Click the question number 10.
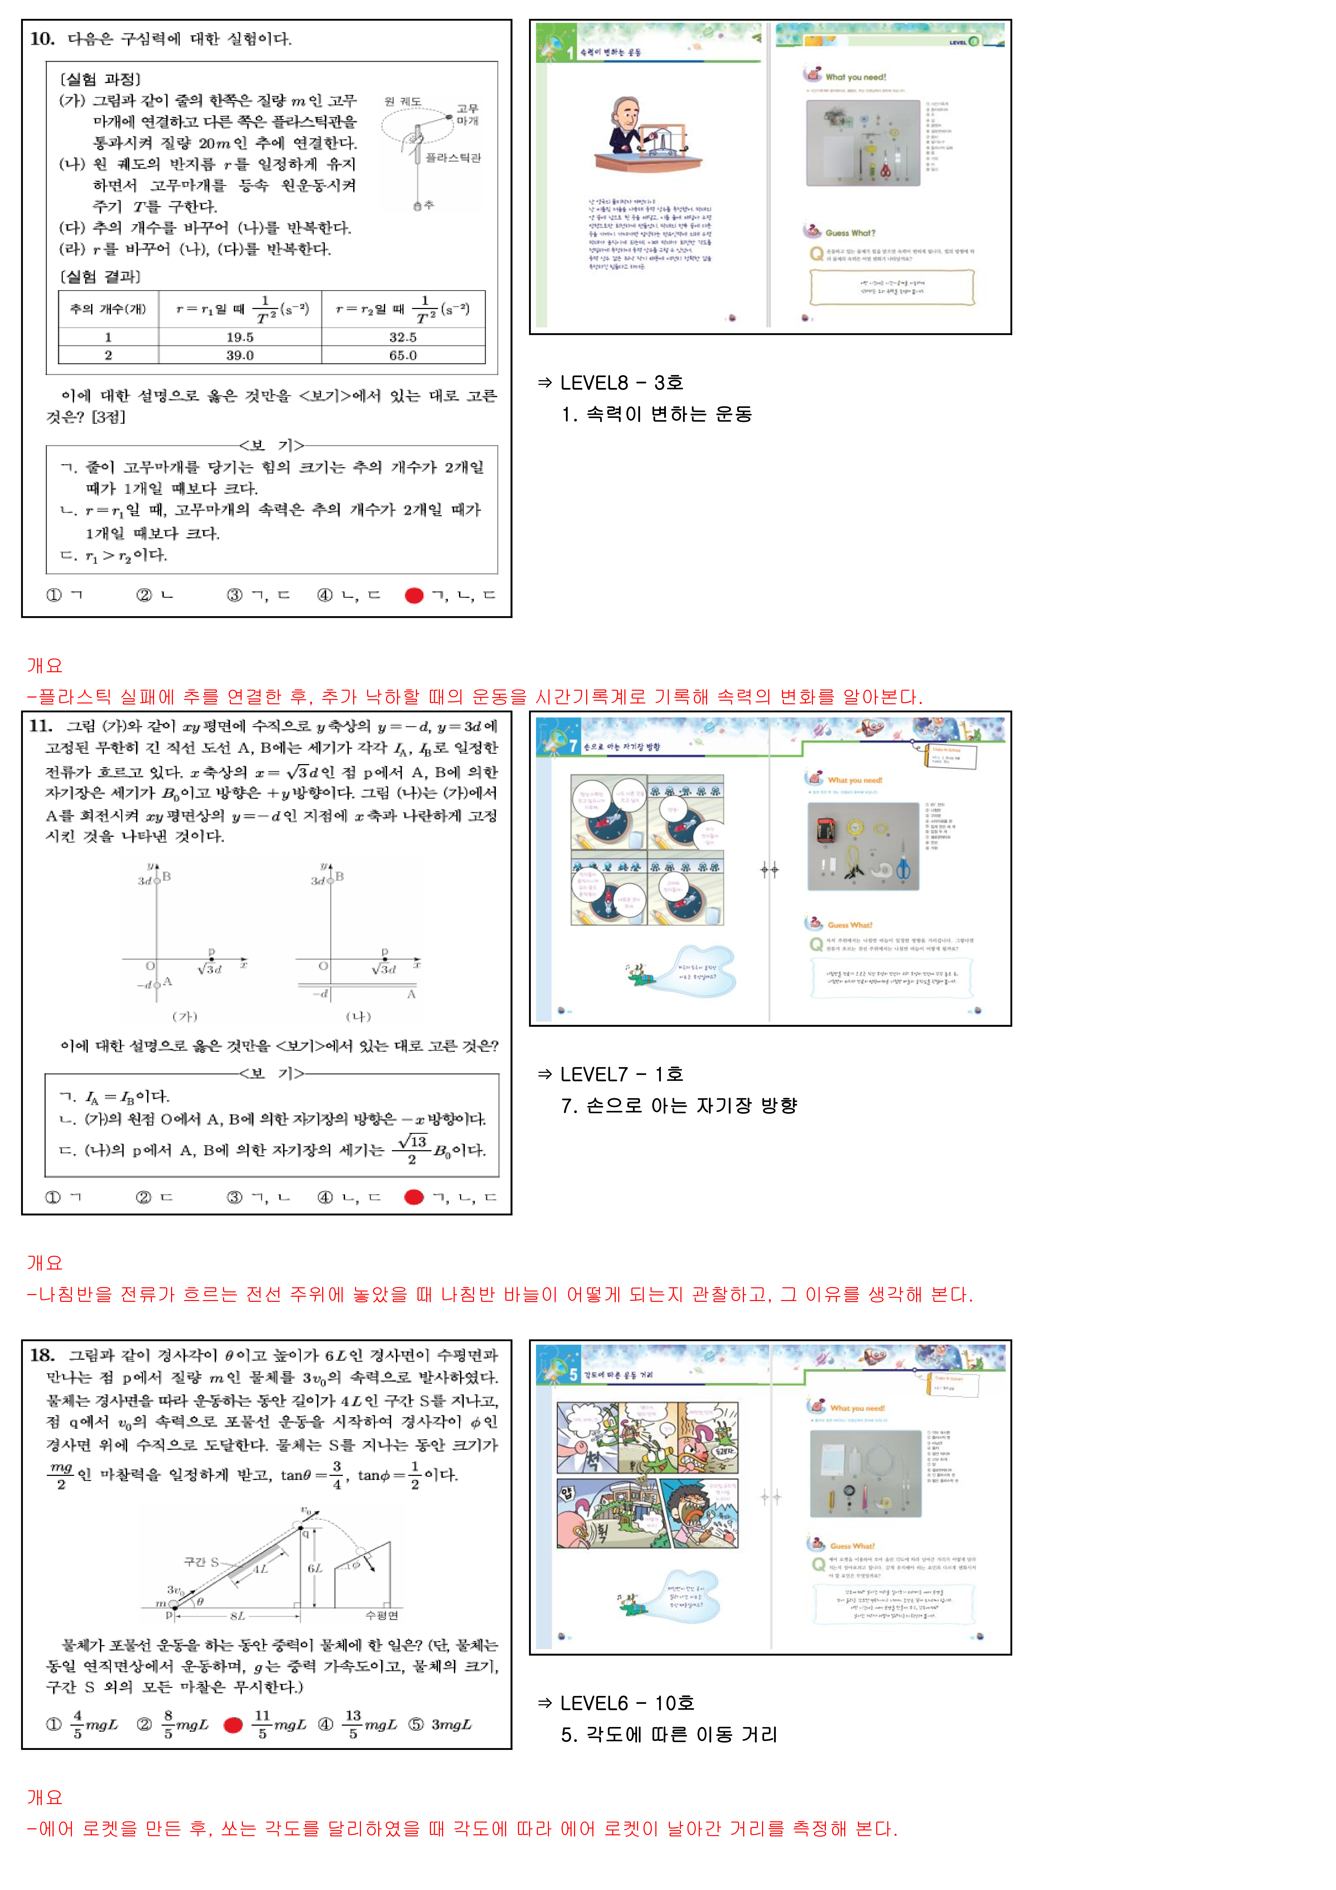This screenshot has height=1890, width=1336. [42, 39]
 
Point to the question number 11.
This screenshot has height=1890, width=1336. [41, 726]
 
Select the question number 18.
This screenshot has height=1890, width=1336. [42, 1355]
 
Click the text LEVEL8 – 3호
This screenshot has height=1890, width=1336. [621, 383]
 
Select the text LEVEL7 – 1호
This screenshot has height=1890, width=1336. [621, 1074]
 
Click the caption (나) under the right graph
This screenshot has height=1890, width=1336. [358, 1017]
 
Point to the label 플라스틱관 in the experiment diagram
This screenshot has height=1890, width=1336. [453, 157]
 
